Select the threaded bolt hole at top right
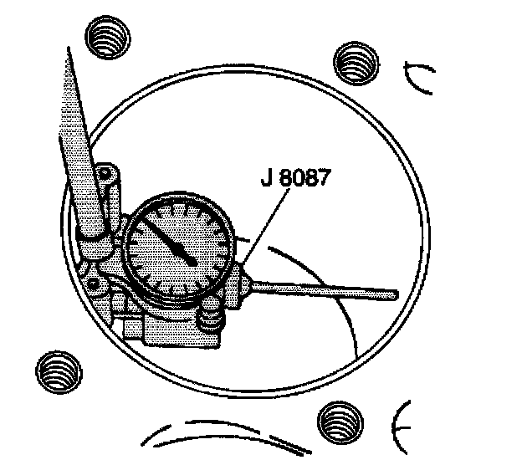[356, 60]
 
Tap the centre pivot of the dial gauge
[193, 262]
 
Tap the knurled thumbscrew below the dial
[212, 320]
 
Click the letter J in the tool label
[266, 179]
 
